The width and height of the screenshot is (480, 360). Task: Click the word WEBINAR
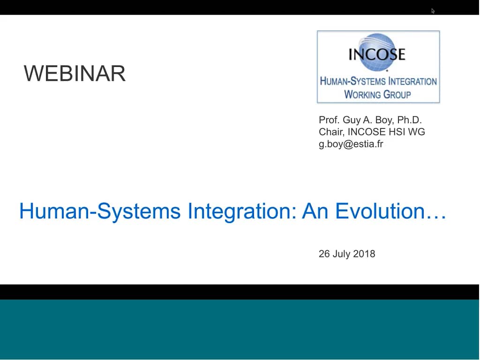75,74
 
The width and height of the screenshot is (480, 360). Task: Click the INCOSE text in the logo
376,54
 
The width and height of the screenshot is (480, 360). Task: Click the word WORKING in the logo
362,94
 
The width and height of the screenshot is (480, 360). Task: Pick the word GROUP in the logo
397,94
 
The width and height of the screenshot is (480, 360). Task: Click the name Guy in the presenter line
352,120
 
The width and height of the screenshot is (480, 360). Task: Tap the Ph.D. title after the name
410,120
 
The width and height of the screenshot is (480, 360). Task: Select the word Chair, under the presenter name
331,132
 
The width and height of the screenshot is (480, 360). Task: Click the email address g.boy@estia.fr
351,144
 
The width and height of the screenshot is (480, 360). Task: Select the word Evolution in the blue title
385,211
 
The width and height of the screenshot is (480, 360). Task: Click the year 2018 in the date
364,254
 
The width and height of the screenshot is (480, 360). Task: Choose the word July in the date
341,254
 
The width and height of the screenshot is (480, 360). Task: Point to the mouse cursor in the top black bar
433,10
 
